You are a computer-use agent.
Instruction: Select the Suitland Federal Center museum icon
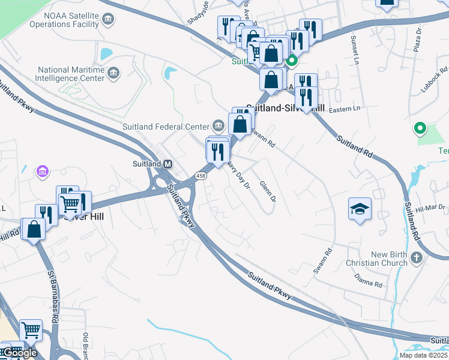[218, 126]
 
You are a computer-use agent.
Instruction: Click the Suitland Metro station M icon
[168, 164]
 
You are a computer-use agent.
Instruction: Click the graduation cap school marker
[360, 209]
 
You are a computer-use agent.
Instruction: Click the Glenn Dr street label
[268, 191]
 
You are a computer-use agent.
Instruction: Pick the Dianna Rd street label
[369, 280]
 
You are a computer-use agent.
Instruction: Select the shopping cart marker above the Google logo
[31, 329]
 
